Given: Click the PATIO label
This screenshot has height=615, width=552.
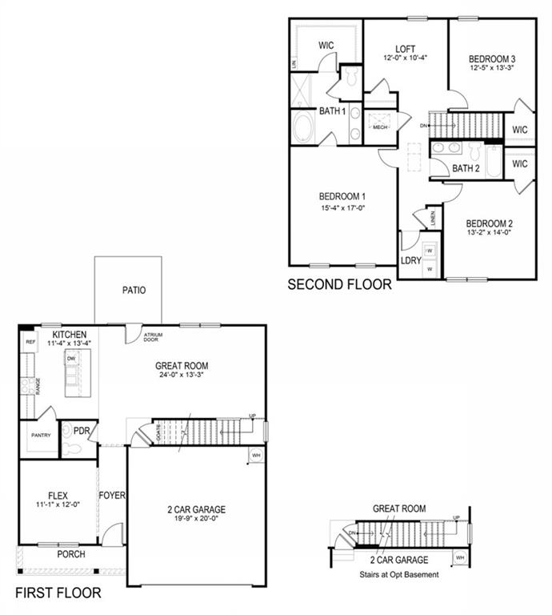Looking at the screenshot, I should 134,291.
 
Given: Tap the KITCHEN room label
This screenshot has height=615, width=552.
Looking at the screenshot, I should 69,333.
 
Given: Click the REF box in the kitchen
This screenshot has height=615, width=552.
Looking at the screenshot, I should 30,342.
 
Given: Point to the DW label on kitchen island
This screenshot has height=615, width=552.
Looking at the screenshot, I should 70,359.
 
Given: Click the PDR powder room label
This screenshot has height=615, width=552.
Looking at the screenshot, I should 81,431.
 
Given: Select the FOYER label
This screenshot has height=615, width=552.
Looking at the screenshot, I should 112,496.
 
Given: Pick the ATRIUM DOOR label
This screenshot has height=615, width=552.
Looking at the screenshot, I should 153,337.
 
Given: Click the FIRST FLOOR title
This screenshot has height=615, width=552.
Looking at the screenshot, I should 58,593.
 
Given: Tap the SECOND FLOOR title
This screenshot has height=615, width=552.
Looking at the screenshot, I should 339,283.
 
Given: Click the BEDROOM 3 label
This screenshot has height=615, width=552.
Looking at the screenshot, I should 491,58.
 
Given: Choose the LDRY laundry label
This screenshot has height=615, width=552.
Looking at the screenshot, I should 410,259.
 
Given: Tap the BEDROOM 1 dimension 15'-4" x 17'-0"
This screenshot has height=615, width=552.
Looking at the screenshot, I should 342,210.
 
